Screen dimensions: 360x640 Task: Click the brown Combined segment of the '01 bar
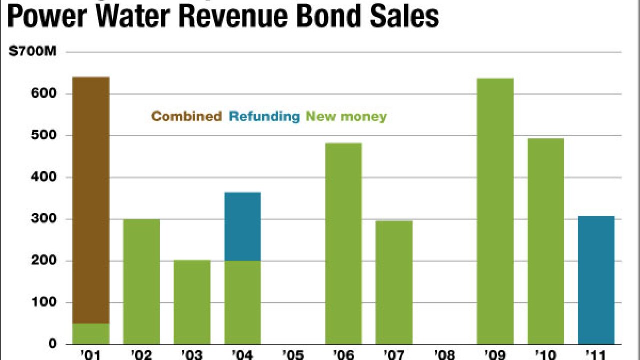pos(91,200)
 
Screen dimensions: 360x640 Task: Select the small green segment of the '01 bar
pos(91,334)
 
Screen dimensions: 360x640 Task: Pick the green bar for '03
pos(192,302)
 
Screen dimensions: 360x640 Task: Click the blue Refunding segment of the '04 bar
pos(242,226)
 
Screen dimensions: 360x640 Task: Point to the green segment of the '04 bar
pos(242,302)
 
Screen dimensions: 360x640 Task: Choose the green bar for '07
pos(394,282)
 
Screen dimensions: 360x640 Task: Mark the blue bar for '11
pos(596,280)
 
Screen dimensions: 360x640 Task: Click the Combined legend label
pos(186,117)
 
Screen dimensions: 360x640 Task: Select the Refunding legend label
pos(264,117)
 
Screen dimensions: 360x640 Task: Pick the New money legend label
pos(346,117)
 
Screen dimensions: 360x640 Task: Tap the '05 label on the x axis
pos(293,354)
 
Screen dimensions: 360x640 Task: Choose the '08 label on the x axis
pos(444,354)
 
